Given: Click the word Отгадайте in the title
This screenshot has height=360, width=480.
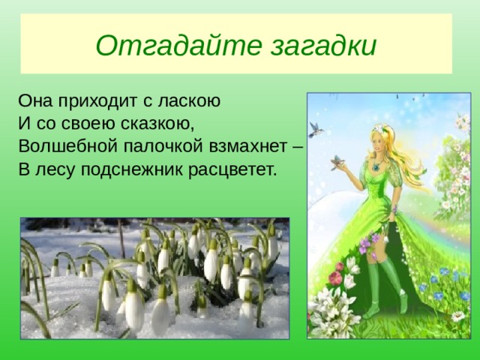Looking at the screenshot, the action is pos(179,45).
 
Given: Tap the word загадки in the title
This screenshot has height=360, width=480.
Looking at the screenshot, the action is pos(324,46).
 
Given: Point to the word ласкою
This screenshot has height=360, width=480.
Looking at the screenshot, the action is pos(189,101).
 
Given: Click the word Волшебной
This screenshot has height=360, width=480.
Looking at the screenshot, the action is pos(68,145).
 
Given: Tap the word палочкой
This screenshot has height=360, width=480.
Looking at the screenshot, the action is pos(163,146).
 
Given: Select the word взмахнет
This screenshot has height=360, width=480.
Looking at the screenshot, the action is pos(248,146).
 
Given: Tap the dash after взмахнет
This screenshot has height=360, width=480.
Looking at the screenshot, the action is pos(298,147).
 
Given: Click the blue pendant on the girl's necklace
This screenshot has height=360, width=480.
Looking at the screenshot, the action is pos(376,167).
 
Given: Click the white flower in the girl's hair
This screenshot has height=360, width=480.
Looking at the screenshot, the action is pos(380,128).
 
